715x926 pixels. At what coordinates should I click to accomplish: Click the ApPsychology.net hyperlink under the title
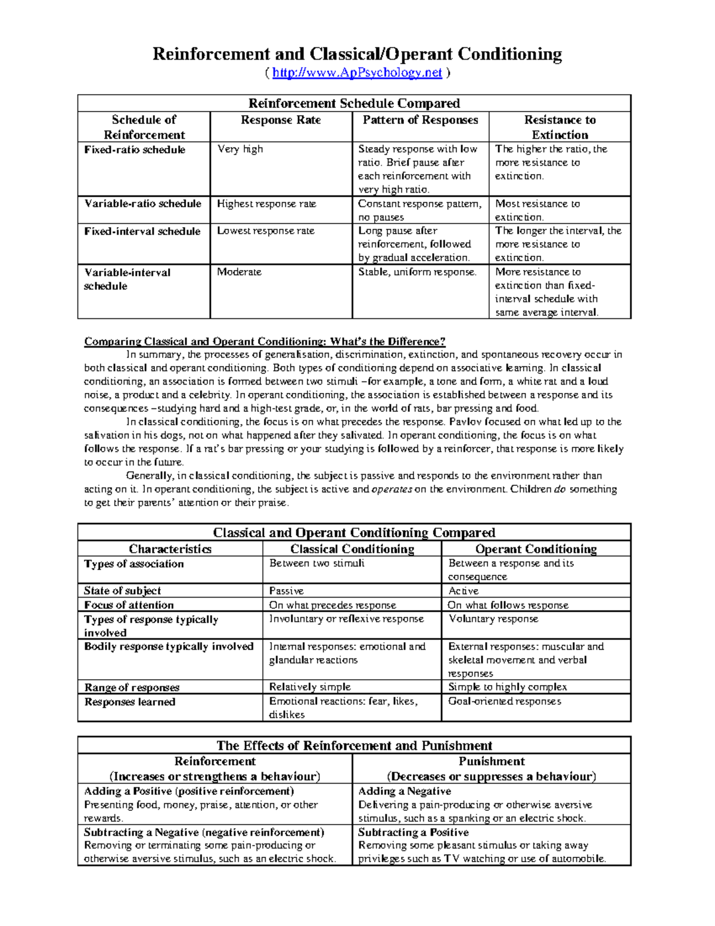357,73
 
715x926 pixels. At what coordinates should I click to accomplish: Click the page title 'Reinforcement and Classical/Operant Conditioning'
357,54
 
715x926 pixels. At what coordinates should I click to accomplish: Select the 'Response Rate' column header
281,120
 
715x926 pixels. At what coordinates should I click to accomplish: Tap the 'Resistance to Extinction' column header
559,127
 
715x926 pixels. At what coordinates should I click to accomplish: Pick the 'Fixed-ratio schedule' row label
135,150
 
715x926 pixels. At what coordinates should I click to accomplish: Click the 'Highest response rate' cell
266,204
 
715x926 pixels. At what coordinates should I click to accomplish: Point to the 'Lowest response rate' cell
265,231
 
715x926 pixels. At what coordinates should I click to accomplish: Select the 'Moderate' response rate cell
239,272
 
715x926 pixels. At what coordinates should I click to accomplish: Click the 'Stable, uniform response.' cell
417,272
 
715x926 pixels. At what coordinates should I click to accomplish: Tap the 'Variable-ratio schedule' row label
142,204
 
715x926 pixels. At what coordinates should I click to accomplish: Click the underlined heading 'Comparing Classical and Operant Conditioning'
265,342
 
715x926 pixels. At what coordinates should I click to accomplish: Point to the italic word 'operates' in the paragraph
391,490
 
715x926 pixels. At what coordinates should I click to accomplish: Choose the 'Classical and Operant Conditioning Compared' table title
354,532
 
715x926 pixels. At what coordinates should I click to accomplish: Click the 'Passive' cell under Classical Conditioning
286,591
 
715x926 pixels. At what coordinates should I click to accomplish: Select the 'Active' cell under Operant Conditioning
463,591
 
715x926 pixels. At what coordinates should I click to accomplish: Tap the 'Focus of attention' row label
129,605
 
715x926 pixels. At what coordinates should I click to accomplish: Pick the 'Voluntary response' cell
493,619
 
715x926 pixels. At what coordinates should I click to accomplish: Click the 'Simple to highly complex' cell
507,687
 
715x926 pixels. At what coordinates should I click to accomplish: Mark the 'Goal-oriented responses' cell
504,701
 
